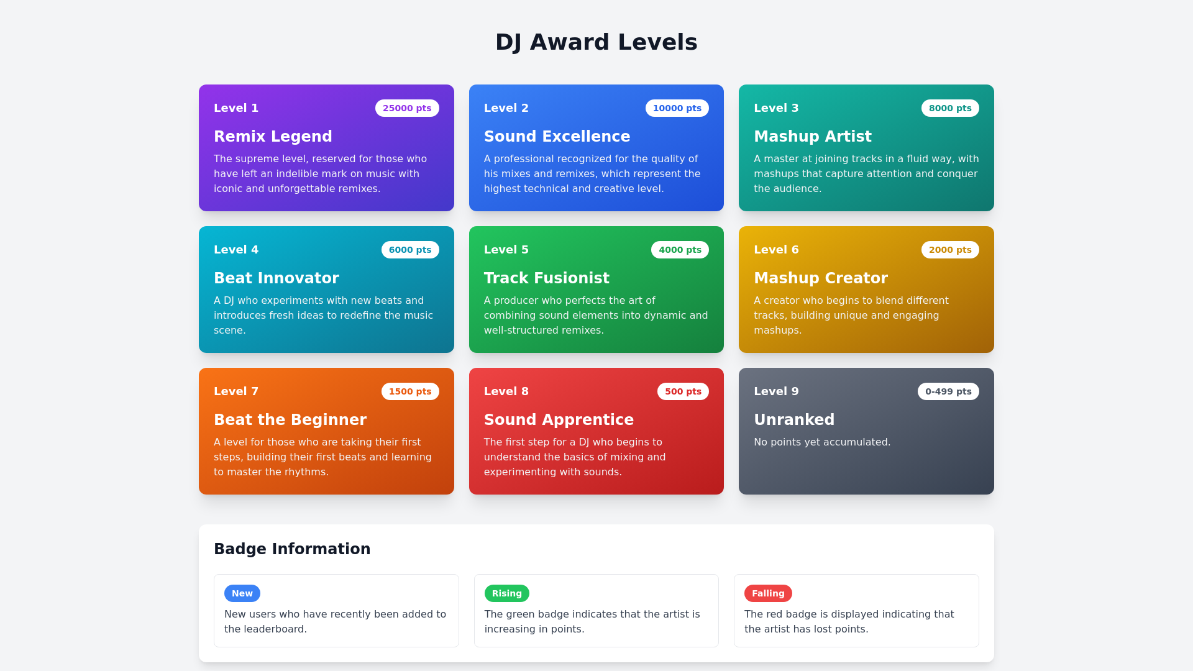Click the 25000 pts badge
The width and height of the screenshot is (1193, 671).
click(x=407, y=108)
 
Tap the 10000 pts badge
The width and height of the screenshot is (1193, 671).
click(x=677, y=108)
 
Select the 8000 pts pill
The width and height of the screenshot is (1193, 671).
click(x=950, y=108)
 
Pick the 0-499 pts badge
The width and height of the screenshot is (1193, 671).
click(x=948, y=391)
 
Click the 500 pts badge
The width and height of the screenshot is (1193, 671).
click(x=683, y=391)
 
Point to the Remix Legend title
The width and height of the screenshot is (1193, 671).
click(x=273, y=137)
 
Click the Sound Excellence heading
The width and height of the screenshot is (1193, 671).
click(x=557, y=137)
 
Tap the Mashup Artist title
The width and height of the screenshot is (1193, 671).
click(x=812, y=137)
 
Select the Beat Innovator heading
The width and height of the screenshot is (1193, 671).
click(x=277, y=278)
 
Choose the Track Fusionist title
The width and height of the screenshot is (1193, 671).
click(x=547, y=278)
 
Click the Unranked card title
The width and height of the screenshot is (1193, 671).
click(x=794, y=420)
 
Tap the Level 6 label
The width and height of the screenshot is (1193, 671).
click(x=776, y=250)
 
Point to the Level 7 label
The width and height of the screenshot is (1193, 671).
click(x=236, y=391)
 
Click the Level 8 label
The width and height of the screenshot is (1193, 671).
click(x=506, y=391)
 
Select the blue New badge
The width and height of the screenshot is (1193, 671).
click(x=242, y=593)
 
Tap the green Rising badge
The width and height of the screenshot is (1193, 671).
click(x=507, y=593)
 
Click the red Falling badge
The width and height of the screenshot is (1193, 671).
click(x=768, y=593)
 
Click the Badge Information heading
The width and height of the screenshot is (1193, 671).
click(x=292, y=549)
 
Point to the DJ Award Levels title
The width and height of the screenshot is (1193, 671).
click(x=596, y=42)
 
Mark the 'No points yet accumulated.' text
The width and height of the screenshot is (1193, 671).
click(x=822, y=442)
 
